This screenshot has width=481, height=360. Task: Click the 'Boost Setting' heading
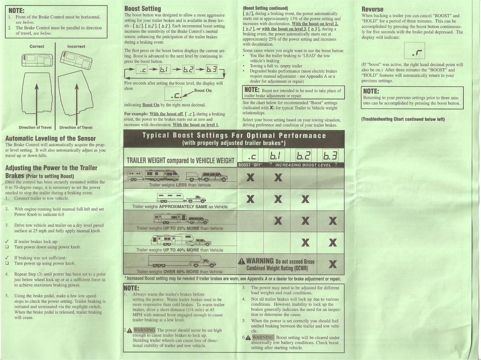pyautogui.click(x=143, y=9)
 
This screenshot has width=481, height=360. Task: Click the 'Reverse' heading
pyautogui.click(x=373, y=9)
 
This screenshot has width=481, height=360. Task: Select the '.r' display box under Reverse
pyautogui.click(x=414, y=51)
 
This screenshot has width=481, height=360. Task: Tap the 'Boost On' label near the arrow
pyautogui.click(x=203, y=90)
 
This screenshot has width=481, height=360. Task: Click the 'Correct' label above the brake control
pyautogui.click(x=37, y=46)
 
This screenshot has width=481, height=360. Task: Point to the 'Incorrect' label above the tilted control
pyautogui.click(x=76, y=46)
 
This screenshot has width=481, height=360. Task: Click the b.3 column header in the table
pyautogui.click(x=330, y=156)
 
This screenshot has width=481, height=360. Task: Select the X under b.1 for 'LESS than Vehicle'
pyautogui.click(x=278, y=177)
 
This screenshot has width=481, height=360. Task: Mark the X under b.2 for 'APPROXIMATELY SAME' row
pyautogui.click(x=305, y=199)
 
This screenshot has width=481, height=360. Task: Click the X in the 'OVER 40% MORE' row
pyautogui.click(x=333, y=264)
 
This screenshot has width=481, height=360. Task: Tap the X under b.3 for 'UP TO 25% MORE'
pyautogui.click(x=333, y=221)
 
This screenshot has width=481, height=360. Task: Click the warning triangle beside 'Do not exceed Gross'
pyautogui.click(x=242, y=261)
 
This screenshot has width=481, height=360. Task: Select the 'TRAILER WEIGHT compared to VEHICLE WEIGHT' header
pyautogui.click(x=181, y=161)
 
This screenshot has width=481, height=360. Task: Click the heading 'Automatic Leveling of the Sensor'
pyautogui.click(x=51, y=138)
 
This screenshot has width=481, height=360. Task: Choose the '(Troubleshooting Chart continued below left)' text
pyautogui.click(x=403, y=119)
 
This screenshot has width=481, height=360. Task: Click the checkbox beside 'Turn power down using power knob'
pyautogui.click(x=7, y=247)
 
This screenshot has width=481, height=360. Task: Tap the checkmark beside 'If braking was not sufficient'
pyautogui.click(x=7, y=258)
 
